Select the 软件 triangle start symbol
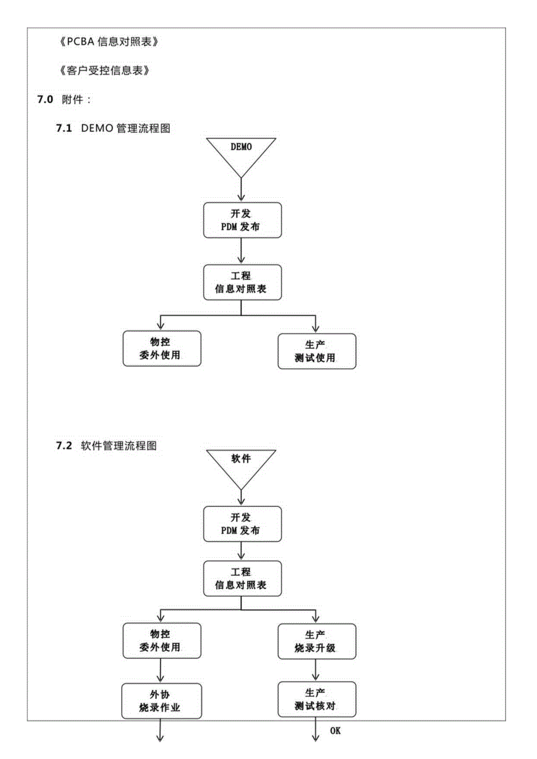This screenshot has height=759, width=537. pyautogui.click(x=242, y=464)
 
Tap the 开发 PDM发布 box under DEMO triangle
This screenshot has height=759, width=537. pyautogui.click(x=242, y=220)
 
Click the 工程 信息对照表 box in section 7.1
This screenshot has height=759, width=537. pyautogui.click(x=242, y=282)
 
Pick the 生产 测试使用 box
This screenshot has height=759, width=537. pyautogui.click(x=316, y=351)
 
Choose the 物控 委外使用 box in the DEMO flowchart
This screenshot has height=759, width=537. pyautogui.click(x=162, y=348)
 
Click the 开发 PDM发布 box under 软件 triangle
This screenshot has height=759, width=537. pyautogui.click(x=242, y=524)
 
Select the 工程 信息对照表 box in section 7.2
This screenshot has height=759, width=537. pyautogui.click(x=242, y=578)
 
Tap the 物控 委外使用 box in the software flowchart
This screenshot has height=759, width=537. pyautogui.click(x=162, y=641)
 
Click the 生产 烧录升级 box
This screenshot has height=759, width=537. pyautogui.click(x=316, y=641)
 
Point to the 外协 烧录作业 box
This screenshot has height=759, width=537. pyautogui.click(x=162, y=700)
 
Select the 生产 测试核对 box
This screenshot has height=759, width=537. pyautogui.click(x=316, y=699)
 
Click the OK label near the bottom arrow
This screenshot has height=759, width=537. pyautogui.click(x=335, y=730)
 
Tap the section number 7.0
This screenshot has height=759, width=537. pyautogui.click(x=46, y=100)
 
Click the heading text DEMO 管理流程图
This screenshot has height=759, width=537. pyautogui.click(x=125, y=128)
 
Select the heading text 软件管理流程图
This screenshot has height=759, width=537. pyautogui.click(x=118, y=446)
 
